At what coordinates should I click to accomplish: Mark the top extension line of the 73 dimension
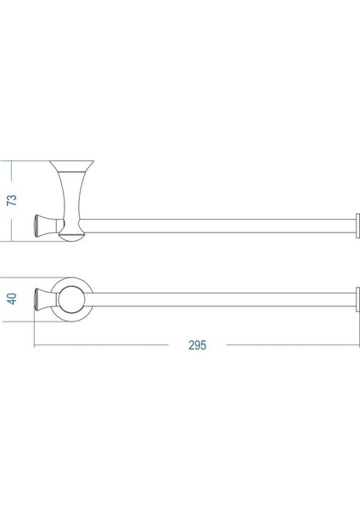tap(30, 159)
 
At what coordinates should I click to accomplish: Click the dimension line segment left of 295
tap(102, 345)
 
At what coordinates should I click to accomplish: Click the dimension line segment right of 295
tap(289, 345)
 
